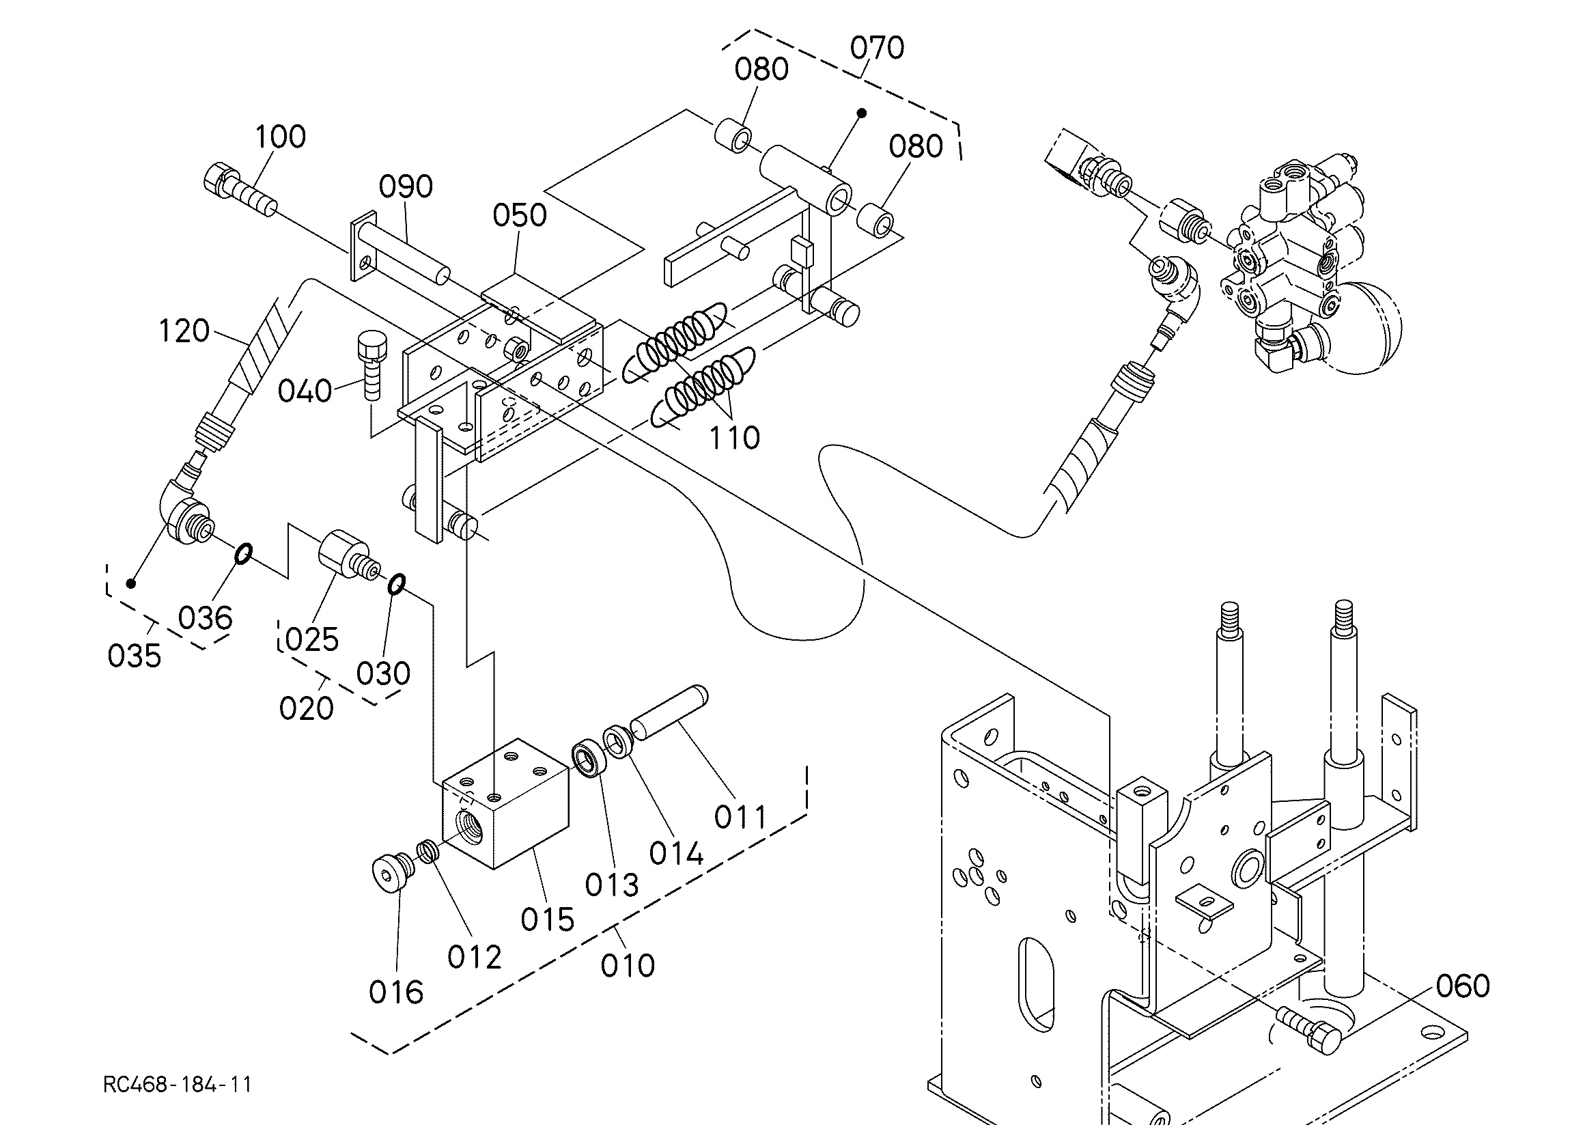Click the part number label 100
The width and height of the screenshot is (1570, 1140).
click(281, 137)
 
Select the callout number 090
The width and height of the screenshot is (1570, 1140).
click(406, 186)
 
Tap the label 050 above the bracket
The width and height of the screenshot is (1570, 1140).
click(519, 215)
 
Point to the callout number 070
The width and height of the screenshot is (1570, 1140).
click(877, 48)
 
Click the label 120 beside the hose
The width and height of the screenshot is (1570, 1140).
click(184, 331)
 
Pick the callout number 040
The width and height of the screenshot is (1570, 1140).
click(305, 392)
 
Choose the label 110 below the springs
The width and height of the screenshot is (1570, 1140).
click(733, 438)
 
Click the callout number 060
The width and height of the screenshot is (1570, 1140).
click(1463, 986)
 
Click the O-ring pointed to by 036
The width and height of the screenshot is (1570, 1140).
click(243, 553)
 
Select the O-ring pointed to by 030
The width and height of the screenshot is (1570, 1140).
click(396, 584)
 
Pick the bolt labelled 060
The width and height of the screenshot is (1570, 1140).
click(1308, 1029)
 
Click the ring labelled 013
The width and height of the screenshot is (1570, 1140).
click(589, 760)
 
